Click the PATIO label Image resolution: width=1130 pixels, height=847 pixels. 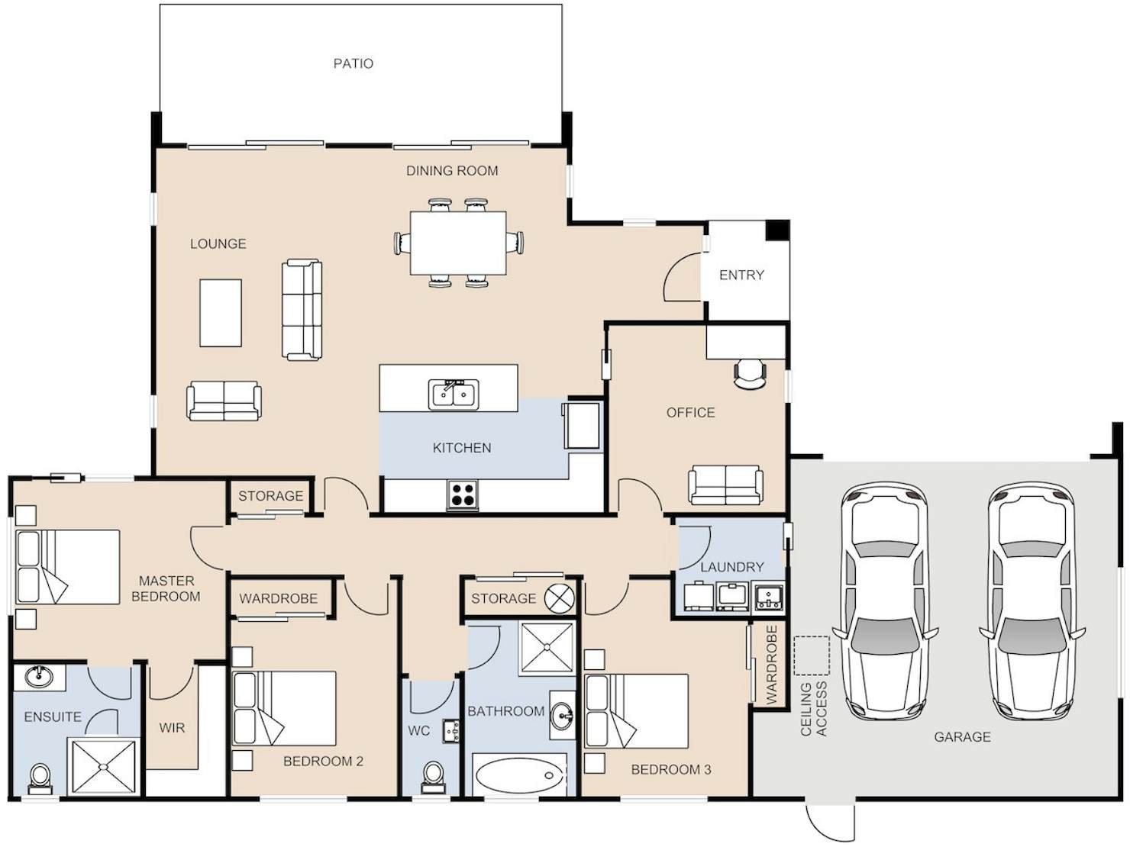354,64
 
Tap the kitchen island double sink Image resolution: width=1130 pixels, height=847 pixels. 454,395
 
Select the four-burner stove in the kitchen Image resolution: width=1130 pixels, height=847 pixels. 462,494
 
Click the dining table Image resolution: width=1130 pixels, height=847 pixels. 458,243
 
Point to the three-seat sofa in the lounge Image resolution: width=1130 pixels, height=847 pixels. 302,310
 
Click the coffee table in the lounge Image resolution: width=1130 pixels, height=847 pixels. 221,313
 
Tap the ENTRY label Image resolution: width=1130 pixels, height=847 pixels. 741,275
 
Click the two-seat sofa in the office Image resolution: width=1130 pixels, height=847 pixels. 726,485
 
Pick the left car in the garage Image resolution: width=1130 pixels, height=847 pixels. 885,601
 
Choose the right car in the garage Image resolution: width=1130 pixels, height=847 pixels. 1032,601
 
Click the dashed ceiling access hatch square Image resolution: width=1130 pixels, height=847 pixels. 812,655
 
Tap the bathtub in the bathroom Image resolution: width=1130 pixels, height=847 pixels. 520,775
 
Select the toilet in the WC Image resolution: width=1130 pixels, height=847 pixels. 432,777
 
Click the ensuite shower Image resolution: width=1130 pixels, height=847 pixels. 104,767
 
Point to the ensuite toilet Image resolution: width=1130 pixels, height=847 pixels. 40,779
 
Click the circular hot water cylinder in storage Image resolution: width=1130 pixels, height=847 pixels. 560,598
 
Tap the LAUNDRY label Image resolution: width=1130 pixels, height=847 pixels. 732,567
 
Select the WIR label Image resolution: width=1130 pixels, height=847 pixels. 172,728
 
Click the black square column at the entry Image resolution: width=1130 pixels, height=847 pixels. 776,230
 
